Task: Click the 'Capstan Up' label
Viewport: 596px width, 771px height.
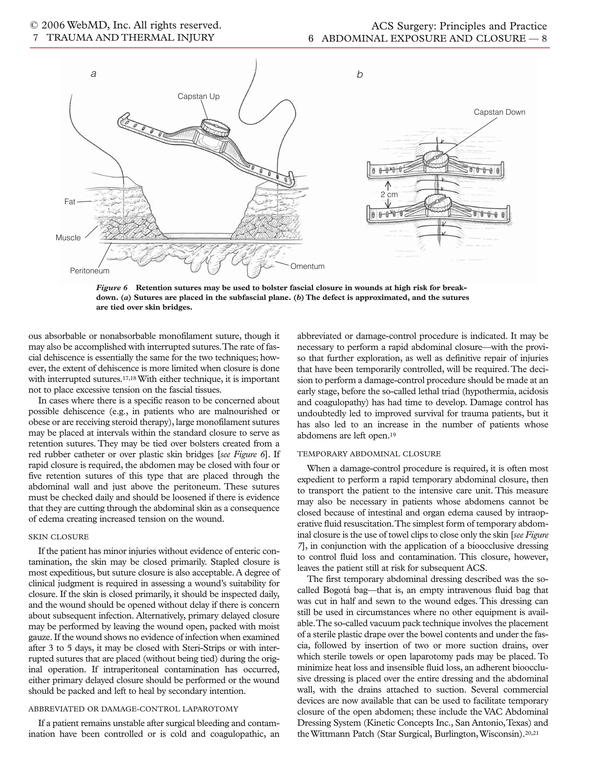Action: (x=198, y=96)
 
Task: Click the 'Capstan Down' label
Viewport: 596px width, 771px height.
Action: (x=499, y=112)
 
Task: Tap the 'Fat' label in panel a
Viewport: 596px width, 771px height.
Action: (x=70, y=202)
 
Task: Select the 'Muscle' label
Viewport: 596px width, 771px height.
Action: (x=68, y=238)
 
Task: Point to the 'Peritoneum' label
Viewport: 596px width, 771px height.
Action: (x=90, y=271)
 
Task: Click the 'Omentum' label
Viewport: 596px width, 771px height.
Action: (x=307, y=267)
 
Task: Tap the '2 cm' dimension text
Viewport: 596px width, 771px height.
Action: (x=389, y=195)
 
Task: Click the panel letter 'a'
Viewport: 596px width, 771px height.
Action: (x=94, y=74)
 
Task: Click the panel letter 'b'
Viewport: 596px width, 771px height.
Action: (x=359, y=74)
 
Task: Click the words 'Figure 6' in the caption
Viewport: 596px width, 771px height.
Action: (x=112, y=287)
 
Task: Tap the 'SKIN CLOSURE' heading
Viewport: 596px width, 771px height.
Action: (x=58, y=537)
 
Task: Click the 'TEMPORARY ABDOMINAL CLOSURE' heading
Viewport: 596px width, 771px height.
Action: (x=369, y=454)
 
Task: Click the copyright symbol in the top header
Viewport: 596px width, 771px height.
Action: (x=34, y=26)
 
